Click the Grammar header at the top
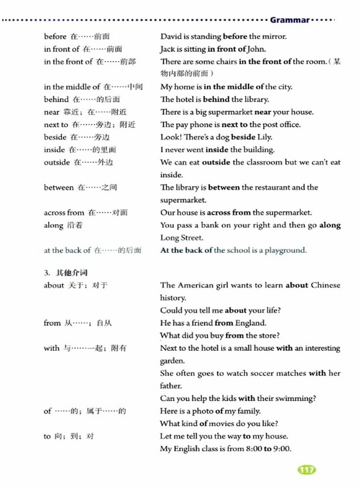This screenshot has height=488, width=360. click(290, 19)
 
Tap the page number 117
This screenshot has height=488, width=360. click(307, 469)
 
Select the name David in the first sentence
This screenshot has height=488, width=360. click(171, 36)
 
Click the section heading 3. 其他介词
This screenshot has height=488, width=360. click(66, 272)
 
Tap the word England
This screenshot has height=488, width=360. click(250, 323)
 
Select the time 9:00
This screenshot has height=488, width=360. click(281, 449)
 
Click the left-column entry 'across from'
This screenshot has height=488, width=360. click(64, 212)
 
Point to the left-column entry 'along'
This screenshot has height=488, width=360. click(54, 225)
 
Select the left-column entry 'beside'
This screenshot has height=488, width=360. click(55, 137)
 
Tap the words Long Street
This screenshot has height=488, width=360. click(182, 238)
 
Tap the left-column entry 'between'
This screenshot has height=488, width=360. click(59, 187)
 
